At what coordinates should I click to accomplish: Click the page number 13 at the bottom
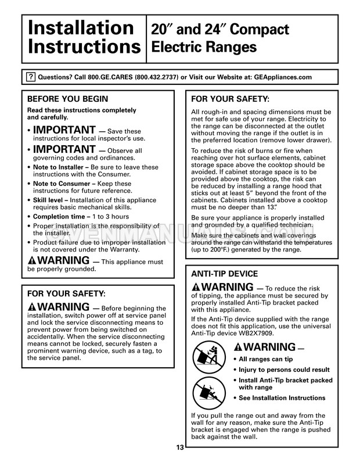click(180, 447)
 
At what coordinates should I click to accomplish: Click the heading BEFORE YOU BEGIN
click(67, 99)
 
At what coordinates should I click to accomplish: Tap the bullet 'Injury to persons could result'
click(285, 370)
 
